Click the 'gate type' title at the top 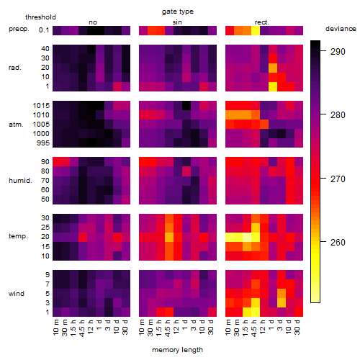[x=178, y=12]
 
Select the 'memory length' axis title [x=177, y=350]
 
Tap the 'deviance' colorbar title [x=341, y=29]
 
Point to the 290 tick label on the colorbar [x=338, y=52]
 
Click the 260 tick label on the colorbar [x=338, y=243]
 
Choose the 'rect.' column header [x=261, y=22]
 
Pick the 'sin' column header [x=177, y=22]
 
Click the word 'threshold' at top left [x=40, y=17]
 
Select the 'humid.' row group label [x=20, y=181]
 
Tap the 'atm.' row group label [x=16, y=125]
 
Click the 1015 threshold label [x=41, y=105]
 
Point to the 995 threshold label [x=43, y=143]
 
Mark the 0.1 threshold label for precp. [x=44, y=30]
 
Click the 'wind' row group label [x=17, y=294]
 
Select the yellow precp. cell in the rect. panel [x=256, y=30]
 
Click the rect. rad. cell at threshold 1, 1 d [x=273, y=86]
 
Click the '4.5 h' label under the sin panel [x=168, y=328]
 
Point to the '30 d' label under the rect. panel [x=297, y=328]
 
